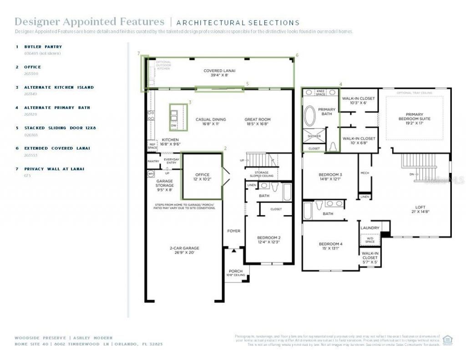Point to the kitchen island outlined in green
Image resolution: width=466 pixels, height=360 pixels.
click(179, 117)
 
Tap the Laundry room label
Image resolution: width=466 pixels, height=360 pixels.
click(370, 228)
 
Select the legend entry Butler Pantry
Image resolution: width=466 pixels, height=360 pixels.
click(43, 47)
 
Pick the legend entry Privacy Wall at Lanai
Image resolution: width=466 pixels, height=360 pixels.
click(54, 169)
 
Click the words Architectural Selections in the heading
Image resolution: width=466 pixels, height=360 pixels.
click(238, 23)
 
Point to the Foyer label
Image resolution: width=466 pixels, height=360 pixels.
click(234, 231)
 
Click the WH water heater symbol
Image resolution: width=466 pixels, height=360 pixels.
click(151, 173)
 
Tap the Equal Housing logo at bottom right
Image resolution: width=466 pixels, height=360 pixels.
click(448, 339)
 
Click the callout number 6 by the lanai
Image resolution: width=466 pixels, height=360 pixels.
click(297, 55)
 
